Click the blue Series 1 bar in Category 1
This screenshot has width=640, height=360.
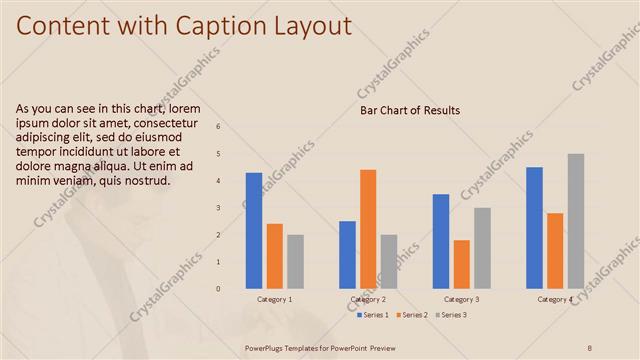[x=254, y=231]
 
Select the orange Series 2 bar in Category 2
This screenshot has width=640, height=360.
[x=368, y=229]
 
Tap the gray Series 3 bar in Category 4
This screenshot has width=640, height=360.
[x=576, y=221]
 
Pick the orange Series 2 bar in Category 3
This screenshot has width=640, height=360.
[x=461, y=264]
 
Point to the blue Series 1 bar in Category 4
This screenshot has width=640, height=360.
[x=534, y=228]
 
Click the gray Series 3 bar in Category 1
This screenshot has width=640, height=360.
[x=295, y=262]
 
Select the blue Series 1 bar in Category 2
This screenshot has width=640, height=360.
[x=347, y=255]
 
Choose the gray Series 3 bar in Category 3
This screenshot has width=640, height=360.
[x=482, y=248]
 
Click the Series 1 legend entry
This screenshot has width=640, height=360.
[x=374, y=315]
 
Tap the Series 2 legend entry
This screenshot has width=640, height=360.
[x=412, y=315]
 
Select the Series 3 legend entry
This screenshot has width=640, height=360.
[x=450, y=315]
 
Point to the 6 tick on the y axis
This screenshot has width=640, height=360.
[x=219, y=127]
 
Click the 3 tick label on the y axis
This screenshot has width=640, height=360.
[x=219, y=208]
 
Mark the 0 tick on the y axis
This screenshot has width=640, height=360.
[x=219, y=289]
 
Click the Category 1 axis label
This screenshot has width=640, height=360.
[x=275, y=300]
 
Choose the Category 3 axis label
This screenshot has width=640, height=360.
[x=461, y=300]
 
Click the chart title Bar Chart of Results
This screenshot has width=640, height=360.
[x=410, y=110]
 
